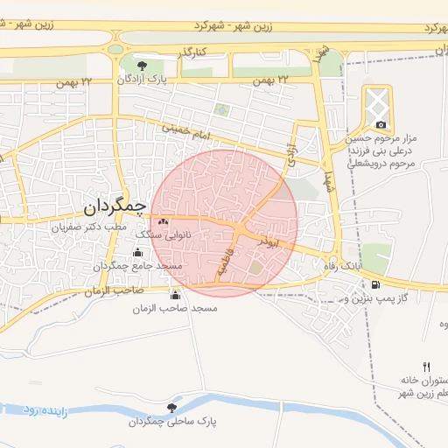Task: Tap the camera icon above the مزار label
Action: point(380,125)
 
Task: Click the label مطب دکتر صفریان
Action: point(87,226)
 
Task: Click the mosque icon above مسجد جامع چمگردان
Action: point(136,253)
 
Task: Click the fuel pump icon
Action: point(376,283)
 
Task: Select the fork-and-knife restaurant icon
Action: point(426,367)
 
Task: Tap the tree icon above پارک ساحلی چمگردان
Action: point(171,407)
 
